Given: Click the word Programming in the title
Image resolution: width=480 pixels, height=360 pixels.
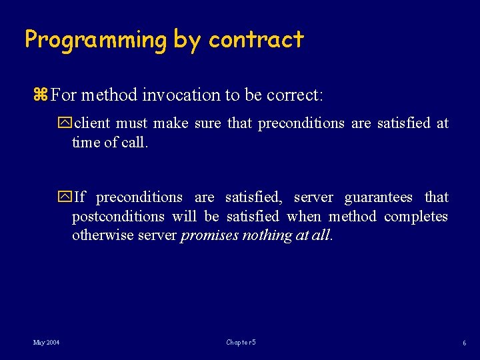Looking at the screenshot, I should pyautogui.click(x=95, y=40).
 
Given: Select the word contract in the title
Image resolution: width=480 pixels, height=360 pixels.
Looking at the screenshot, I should pyautogui.click(x=256, y=40).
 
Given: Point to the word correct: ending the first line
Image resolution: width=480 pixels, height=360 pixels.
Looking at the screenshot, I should pyautogui.click(x=295, y=95).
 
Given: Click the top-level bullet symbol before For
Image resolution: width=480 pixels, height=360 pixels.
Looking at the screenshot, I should pyautogui.click(x=40, y=95).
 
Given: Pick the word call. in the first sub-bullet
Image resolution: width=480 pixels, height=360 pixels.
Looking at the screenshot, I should pyautogui.click(x=134, y=143).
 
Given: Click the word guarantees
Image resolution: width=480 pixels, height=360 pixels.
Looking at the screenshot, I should pyautogui.click(x=378, y=197).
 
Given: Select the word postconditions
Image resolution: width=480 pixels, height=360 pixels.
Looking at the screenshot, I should pyautogui.click(x=118, y=217).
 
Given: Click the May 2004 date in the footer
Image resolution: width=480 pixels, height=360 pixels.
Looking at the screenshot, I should pyautogui.click(x=47, y=343).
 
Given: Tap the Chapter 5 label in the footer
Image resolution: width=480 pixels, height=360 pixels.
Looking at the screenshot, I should pyautogui.click(x=241, y=343).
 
